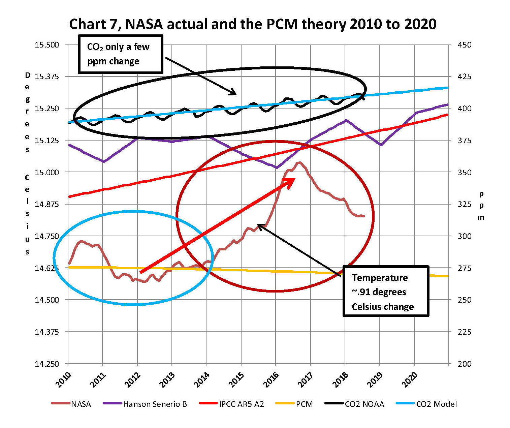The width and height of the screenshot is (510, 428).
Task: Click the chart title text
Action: (253, 24)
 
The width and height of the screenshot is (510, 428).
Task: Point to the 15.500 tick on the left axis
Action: (46, 45)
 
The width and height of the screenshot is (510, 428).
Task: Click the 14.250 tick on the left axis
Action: (46, 364)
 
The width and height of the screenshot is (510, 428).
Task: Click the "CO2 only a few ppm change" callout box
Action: (121, 54)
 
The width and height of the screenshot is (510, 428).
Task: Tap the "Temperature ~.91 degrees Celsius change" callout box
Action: (386, 292)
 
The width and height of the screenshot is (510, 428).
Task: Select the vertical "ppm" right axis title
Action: (481, 206)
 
